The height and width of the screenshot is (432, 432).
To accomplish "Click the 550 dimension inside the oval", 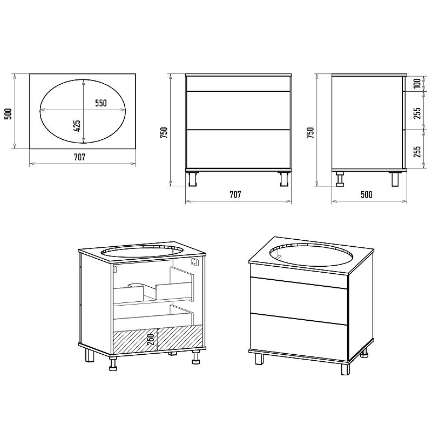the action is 101,103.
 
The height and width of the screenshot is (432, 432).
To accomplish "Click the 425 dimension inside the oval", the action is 77,126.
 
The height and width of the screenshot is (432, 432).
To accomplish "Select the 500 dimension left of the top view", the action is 8,114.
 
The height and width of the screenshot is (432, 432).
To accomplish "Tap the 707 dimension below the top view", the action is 79,157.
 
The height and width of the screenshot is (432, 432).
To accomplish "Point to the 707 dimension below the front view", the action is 235,194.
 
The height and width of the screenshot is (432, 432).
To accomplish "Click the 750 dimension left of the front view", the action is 164,132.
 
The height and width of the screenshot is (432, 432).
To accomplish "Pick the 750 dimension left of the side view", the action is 310,132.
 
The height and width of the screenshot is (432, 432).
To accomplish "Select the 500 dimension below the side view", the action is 367,194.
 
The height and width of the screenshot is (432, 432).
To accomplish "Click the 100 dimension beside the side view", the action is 417,83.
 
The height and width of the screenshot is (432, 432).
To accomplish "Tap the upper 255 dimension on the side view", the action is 417,113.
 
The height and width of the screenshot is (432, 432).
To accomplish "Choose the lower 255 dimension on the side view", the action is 417,152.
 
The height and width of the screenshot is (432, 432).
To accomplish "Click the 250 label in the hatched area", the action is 151,340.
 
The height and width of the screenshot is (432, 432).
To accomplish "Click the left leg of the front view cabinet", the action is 193,179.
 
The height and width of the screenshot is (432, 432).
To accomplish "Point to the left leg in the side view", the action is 341,179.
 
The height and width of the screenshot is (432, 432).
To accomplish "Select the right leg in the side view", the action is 396,179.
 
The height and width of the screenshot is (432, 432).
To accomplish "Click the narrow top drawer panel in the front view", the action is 238,84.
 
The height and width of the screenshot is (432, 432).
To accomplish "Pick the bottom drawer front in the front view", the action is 238,149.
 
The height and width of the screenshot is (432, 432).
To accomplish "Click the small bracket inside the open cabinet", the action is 195,262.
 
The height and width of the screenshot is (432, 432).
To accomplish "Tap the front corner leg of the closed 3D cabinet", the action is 345,369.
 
